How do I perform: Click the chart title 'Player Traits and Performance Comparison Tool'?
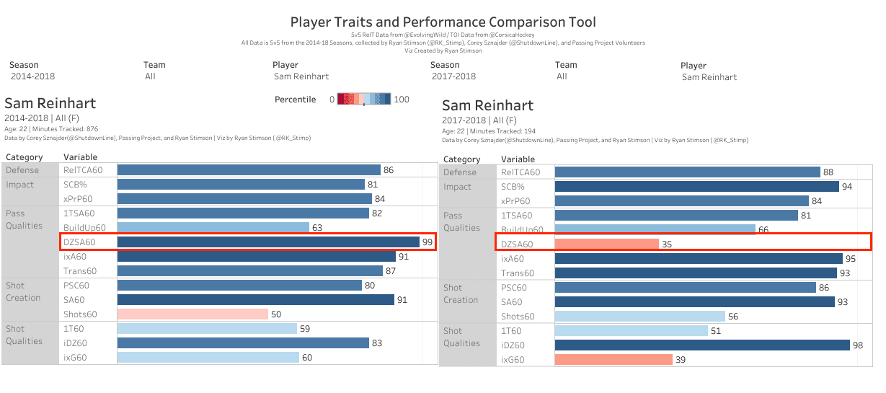tap(443, 22)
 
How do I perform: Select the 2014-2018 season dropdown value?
tap(32, 76)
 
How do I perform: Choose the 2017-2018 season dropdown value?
tap(453, 76)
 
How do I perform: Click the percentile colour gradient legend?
tap(364, 100)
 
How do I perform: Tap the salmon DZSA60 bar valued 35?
tap(606, 244)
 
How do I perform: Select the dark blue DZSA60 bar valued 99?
tap(268, 242)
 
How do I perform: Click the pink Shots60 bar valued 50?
tap(192, 314)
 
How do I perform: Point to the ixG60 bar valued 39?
tap(613, 360)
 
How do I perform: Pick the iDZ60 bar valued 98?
tap(702, 345)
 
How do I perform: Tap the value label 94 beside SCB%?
tap(849, 187)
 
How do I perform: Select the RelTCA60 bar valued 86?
tap(249, 170)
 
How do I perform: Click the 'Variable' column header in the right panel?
tap(518, 159)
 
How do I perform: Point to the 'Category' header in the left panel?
tap(25, 157)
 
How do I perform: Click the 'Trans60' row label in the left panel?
tap(80, 271)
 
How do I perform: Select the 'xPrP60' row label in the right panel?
tap(515, 201)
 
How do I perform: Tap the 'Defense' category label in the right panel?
tap(460, 172)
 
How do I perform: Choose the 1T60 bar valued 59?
tap(207, 329)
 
